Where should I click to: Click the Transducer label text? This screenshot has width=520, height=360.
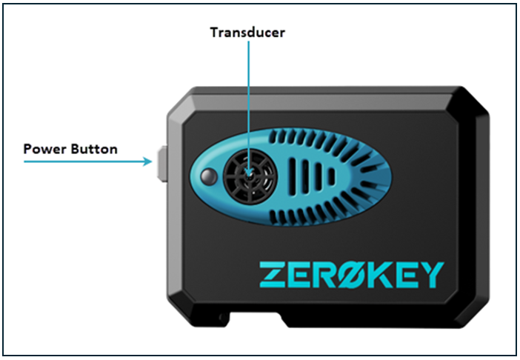coord(247,33)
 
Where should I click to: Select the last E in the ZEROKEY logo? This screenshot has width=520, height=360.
coord(409,274)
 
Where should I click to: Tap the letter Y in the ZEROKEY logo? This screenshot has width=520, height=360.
coord(435,274)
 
